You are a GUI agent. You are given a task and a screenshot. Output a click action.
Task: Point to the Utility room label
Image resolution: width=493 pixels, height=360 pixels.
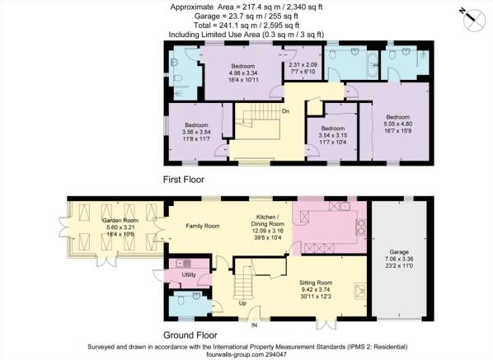coord(189,274)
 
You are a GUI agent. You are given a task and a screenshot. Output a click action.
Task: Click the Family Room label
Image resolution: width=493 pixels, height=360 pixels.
coord(203,226)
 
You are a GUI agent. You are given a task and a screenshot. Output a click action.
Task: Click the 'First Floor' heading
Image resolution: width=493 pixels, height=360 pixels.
coord(184,180)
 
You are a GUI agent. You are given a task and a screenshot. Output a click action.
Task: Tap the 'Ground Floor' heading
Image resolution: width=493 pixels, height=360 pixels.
coord(190,335)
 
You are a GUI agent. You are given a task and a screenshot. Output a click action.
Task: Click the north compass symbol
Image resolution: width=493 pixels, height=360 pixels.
coord(473,20)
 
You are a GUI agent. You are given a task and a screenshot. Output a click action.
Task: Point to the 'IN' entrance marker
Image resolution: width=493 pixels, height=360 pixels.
coord(254,325)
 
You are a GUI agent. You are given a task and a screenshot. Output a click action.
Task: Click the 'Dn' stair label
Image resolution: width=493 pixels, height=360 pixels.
coord(285,111)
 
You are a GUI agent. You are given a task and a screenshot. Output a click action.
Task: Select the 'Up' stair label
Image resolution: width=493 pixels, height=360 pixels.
coord(242,303)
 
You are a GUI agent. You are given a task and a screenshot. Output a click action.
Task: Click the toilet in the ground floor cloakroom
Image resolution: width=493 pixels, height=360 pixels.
coord(181,301)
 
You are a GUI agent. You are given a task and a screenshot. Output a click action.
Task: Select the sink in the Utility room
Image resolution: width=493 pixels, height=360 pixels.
coord(184,264)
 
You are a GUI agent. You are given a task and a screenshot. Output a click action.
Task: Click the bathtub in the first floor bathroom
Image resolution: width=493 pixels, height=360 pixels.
coord(373,65)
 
